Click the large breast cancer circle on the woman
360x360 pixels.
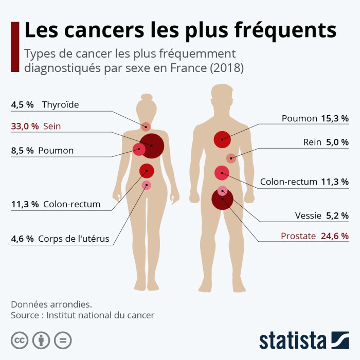point(152,146)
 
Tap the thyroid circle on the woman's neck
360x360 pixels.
point(146,127)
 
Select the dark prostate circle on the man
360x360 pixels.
point(222,200)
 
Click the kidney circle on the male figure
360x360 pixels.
point(231,158)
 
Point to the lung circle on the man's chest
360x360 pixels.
point(222,139)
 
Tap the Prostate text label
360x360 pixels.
point(299,236)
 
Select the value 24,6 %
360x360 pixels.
point(335,236)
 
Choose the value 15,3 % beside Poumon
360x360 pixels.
point(335,118)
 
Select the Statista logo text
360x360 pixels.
point(293,340)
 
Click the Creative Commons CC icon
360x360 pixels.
point(20,340)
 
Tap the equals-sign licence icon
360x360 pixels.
point(63,340)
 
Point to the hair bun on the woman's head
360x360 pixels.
point(147,97)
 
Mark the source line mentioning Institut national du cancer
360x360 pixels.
point(82,315)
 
